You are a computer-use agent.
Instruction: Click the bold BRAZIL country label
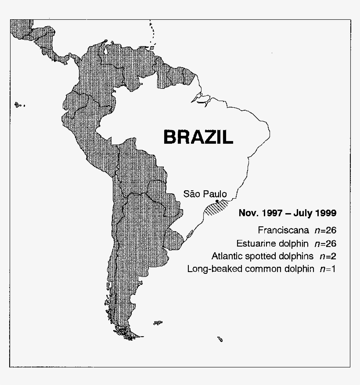198,137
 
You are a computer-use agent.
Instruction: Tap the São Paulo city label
205,193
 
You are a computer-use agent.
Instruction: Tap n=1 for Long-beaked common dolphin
328,269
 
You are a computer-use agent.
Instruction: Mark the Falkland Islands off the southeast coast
158,323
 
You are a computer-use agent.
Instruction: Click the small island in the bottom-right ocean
220,339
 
